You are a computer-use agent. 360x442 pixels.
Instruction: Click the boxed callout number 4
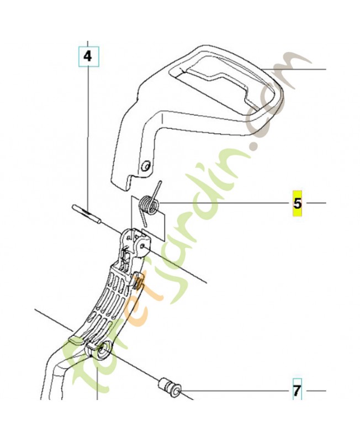pyautogui.click(x=88, y=57)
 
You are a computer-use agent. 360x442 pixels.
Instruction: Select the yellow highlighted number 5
pyautogui.click(x=298, y=203)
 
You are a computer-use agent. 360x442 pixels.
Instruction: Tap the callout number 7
pyautogui.click(x=297, y=391)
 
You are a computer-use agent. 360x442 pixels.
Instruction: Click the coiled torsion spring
pyautogui.click(x=149, y=205)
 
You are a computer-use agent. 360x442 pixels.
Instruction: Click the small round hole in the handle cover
pyautogui.click(x=146, y=166)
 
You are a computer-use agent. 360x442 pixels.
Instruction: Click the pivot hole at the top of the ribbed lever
pyautogui.click(x=144, y=245)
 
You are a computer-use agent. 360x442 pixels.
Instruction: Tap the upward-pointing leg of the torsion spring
pyautogui.click(x=157, y=191)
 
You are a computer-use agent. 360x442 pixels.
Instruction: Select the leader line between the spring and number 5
pyautogui.click(x=226, y=203)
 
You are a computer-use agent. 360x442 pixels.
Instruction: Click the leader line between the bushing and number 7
pyautogui.click(x=236, y=391)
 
